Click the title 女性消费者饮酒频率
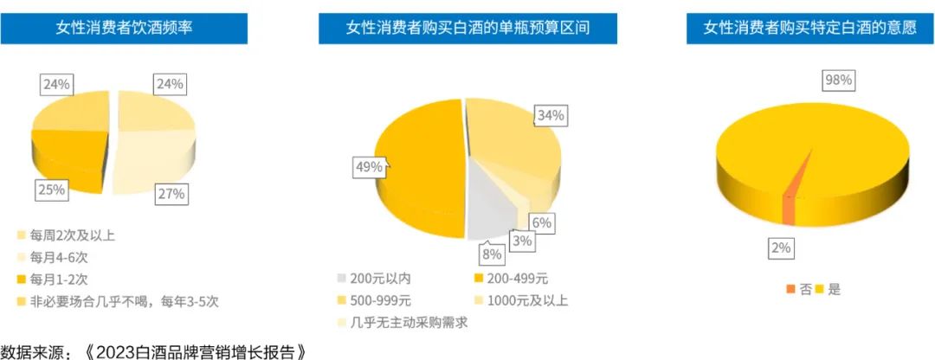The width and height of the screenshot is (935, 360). coord(124,28)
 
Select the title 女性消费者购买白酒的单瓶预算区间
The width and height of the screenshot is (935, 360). coord(467,28)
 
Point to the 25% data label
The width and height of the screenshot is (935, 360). coord(51,190)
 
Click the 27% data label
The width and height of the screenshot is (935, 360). coord(171,194)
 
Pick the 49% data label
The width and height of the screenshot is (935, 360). coord(368,167)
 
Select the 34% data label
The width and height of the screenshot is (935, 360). coord(551,115)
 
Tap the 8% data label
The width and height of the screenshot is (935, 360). coord(492,254)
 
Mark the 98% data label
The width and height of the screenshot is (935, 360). coord(838,80)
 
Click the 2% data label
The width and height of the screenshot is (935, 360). coord(781,249)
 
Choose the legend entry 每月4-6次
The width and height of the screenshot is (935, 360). coord(57,257)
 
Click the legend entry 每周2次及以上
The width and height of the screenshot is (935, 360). coord(68,235)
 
